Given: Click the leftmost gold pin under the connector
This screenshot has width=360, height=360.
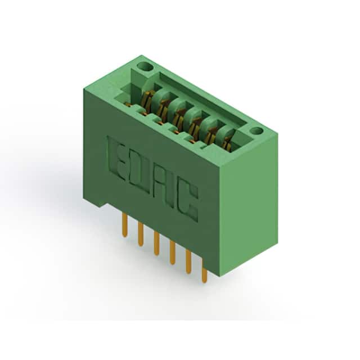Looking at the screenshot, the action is point(124,225).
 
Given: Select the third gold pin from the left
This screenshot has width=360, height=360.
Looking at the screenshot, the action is point(156,244).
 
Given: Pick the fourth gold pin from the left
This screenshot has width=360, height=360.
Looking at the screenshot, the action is point(173,253).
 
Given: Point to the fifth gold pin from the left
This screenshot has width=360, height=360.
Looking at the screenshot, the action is point(188,262).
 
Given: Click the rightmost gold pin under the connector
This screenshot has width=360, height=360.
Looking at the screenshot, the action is point(204,271).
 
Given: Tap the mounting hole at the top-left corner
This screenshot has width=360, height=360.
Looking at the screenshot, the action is point(145,67).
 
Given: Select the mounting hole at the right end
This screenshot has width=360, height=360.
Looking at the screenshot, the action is point(256,131).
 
